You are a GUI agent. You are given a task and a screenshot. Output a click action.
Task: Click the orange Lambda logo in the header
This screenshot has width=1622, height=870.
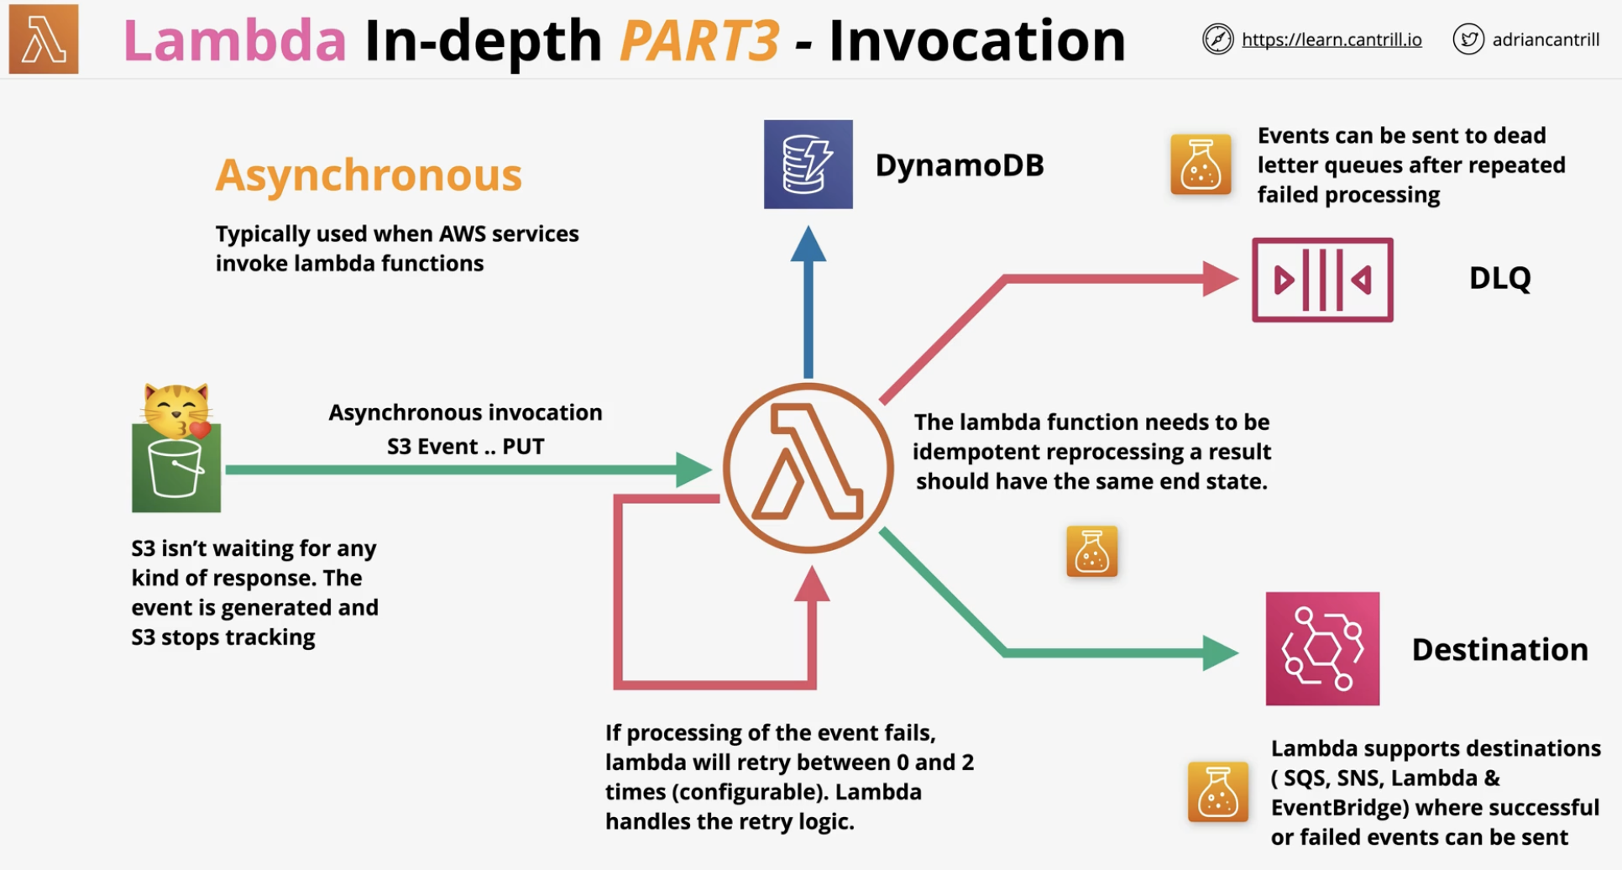(44, 39)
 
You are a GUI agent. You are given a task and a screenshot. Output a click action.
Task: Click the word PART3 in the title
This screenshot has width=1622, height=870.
(699, 39)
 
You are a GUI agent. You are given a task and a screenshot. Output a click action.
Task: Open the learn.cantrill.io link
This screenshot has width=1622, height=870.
(1332, 39)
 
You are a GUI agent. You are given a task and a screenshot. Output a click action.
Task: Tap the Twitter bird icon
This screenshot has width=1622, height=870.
(1468, 39)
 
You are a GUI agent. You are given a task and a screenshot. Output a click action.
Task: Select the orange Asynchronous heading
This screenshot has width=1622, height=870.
(369, 175)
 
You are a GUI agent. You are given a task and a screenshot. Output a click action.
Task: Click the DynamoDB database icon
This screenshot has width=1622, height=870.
(808, 164)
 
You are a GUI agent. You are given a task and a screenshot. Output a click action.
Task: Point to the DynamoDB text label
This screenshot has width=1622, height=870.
(960, 165)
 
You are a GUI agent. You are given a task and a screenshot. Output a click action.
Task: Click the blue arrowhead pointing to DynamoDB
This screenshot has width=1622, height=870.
(808, 243)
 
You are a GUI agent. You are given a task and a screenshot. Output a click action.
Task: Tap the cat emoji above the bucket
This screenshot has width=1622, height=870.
(176, 410)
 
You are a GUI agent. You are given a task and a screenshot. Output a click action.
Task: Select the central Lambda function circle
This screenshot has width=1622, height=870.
(808, 468)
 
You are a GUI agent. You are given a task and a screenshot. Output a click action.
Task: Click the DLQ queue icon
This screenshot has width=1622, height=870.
(1322, 280)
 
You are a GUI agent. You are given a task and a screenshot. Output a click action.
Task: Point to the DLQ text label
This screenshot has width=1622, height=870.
(1500, 278)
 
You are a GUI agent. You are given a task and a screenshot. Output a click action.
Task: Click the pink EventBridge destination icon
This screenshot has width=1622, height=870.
(1322, 648)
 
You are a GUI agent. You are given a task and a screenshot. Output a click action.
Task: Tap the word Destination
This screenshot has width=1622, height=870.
(1500, 649)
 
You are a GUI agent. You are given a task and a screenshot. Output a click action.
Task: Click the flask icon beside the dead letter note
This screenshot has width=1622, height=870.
(1201, 165)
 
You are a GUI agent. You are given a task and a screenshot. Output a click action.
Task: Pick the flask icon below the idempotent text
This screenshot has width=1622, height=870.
(1091, 551)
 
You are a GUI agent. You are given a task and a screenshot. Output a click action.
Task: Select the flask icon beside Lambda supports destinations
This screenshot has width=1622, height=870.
(1217, 792)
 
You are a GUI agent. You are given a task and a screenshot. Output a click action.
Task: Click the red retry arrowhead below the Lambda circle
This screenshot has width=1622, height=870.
(812, 584)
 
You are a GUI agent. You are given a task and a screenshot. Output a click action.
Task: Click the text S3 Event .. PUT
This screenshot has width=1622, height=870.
(466, 446)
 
